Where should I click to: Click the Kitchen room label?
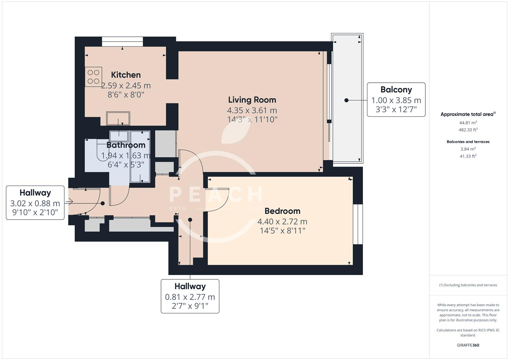tap(126, 75)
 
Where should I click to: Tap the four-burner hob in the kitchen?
tap(93, 77)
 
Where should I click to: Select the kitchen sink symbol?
tap(118, 118)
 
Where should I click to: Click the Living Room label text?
tap(252, 100)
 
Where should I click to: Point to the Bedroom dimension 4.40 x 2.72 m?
tap(282, 221)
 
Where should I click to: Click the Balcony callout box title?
tap(396, 90)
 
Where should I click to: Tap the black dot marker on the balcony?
tap(346, 100)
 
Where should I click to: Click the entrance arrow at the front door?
tap(69, 201)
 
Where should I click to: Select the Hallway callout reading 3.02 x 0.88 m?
tap(35, 203)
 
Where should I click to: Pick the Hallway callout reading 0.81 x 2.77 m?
tap(190, 297)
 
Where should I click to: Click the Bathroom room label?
tap(126, 145)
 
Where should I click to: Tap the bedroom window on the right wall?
tap(358, 224)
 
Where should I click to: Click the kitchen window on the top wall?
tap(122, 41)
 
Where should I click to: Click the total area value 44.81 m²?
tap(468, 122)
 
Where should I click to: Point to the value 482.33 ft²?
tap(468, 130)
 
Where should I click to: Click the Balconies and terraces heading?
tap(468, 142)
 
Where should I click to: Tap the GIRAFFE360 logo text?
tap(468, 345)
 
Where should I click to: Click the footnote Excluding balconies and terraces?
tap(468, 285)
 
